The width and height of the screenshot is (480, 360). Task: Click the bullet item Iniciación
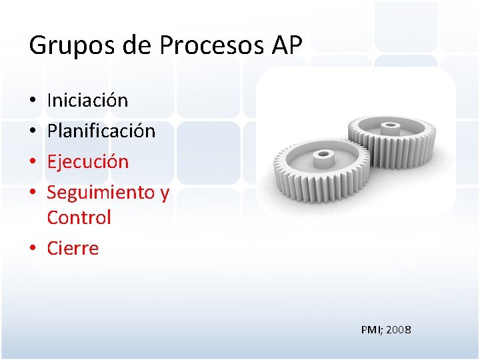pyautogui.click(x=87, y=101)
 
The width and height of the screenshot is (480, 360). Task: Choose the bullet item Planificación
pyautogui.click(x=101, y=131)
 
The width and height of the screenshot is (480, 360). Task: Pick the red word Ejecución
pyautogui.click(x=87, y=162)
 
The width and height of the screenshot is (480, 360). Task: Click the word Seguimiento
pyautogui.click(x=100, y=193)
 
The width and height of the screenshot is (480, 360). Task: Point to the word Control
pyautogui.click(x=79, y=218)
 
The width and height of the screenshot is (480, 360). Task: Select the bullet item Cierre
pyautogui.click(x=73, y=249)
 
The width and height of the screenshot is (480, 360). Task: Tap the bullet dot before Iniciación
pyautogui.click(x=33, y=102)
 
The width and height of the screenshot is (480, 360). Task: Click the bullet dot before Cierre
pyautogui.click(x=33, y=250)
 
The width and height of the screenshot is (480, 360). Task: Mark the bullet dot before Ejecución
pyautogui.click(x=33, y=163)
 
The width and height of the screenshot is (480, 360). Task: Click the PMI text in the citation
pyautogui.click(x=371, y=330)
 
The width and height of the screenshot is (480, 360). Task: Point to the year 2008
pyautogui.click(x=399, y=330)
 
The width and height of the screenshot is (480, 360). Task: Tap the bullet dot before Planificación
pyautogui.click(x=33, y=133)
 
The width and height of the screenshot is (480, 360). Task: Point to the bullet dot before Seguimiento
pyautogui.click(x=33, y=194)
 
